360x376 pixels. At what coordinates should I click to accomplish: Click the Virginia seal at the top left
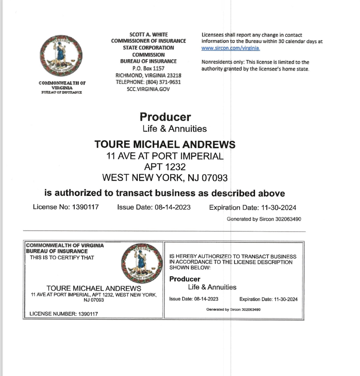[x=61, y=56]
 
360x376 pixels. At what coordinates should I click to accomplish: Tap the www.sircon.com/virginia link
[x=230, y=48]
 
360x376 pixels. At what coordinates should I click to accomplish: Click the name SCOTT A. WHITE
[x=148, y=35]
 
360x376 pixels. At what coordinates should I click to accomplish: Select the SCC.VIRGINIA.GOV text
[x=148, y=89]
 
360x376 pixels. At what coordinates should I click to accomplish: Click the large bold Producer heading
[x=165, y=117]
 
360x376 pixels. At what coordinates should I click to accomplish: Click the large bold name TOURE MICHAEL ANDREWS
[x=165, y=144]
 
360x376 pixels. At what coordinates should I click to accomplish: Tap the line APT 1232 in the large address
[x=165, y=167]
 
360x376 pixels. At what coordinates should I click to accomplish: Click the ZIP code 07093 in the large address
[x=214, y=178]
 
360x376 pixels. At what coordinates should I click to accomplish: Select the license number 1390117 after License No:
[x=85, y=207]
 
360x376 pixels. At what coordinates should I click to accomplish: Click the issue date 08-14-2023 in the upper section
[x=172, y=207]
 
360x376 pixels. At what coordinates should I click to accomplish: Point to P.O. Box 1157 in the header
[x=148, y=68]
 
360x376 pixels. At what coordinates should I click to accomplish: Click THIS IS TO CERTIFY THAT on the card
[x=62, y=258]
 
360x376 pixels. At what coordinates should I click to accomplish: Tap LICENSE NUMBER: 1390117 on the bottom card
[x=64, y=314]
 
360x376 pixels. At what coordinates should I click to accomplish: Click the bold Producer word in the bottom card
[x=185, y=279]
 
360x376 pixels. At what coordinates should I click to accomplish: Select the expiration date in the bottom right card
[x=285, y=299]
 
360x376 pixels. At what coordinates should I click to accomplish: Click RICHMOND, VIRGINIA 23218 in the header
[x=148, y=75]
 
